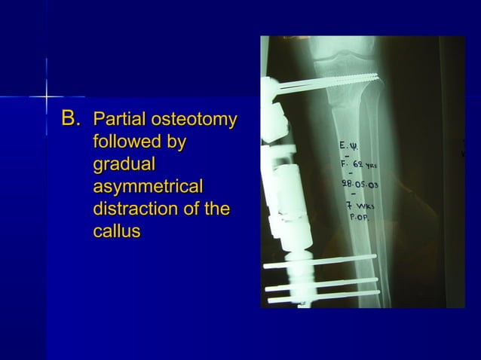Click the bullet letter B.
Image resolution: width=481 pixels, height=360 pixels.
point(70,119)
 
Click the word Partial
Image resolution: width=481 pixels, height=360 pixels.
point(118,120)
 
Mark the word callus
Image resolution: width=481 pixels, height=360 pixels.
point(116,231)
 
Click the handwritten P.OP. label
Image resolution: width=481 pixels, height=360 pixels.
point(358,218)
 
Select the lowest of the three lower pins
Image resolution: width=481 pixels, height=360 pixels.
point(320,294)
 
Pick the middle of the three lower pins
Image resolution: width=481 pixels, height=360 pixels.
point(320,283)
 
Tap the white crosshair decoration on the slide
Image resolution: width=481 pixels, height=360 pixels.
point(46,96)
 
